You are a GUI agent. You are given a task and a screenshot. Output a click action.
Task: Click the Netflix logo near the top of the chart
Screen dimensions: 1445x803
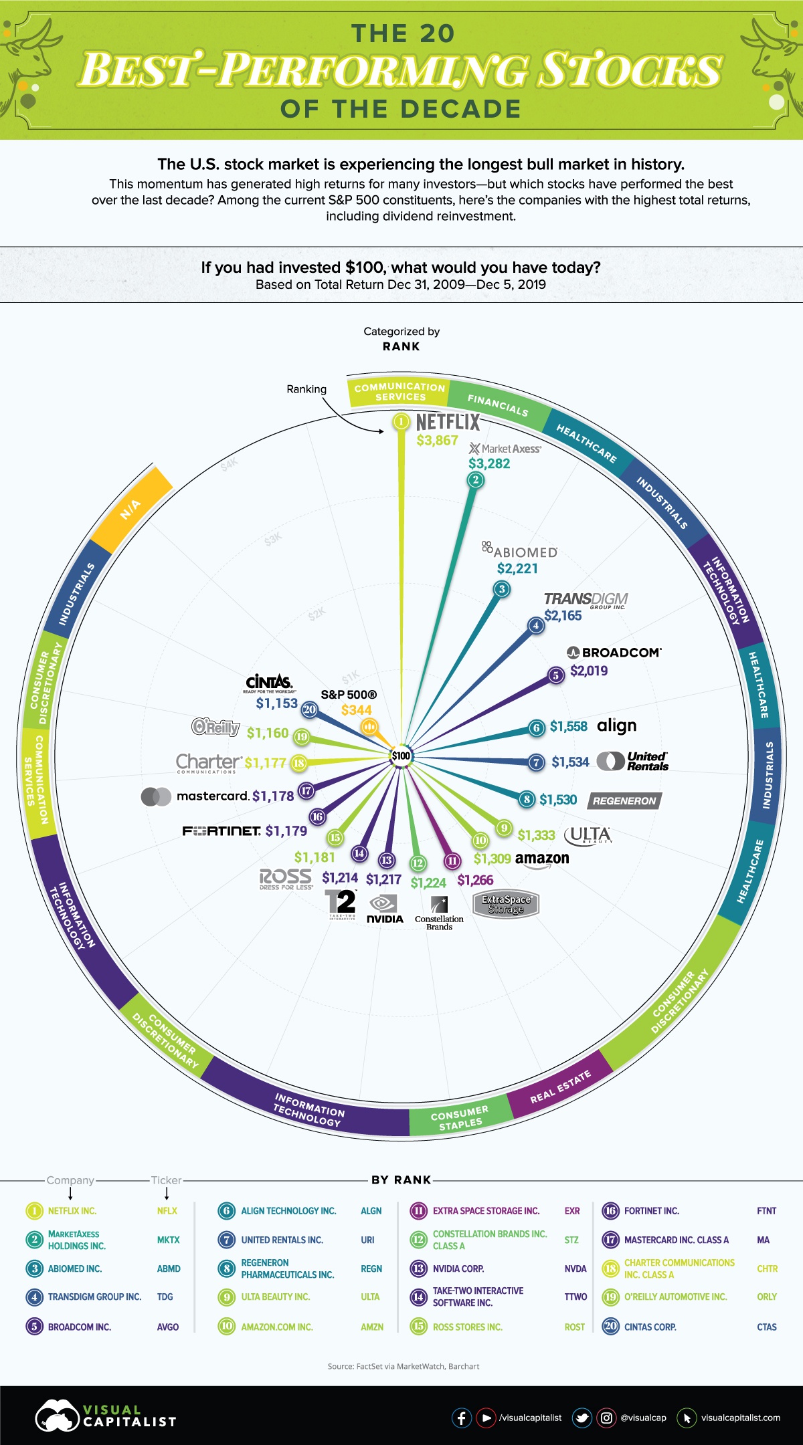click(448, 422)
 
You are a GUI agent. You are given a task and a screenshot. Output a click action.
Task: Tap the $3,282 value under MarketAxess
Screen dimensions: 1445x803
click(489, 463)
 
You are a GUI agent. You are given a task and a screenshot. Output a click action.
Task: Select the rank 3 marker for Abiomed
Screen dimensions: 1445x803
click(501, 589)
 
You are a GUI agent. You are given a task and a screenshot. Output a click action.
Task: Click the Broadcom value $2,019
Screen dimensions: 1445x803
click(589, 671)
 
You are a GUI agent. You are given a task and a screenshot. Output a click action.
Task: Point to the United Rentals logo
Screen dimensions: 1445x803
click(632, 761)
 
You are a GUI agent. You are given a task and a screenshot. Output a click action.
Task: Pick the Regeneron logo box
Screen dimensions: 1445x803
click(624, 800)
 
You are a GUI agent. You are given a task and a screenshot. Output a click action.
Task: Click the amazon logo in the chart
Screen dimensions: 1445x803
click(542, 859)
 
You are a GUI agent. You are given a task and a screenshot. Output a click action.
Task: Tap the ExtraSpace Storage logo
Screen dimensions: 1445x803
click(506, 904)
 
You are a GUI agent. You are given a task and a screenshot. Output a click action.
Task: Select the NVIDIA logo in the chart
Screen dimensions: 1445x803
click(385, 910)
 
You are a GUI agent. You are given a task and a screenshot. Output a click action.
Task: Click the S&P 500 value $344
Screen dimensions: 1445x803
click(356, 710)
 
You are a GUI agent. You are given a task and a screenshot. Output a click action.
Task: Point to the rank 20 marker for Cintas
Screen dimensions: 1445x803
click(309, 709)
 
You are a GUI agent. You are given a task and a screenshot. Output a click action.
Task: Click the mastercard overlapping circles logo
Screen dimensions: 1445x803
click(156, 796)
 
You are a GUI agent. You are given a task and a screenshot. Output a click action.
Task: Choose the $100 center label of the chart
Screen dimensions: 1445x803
click(401, 756)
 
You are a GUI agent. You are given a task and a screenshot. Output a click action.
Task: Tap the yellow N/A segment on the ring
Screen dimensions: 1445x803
click(131, 509)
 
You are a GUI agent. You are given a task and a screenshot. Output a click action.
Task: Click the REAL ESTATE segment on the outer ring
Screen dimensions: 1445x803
click(561, 1086)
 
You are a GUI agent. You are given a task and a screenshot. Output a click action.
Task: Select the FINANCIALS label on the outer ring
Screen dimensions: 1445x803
click(498, 405)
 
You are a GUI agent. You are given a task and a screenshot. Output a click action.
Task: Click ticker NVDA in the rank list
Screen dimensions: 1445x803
click(575, 1268)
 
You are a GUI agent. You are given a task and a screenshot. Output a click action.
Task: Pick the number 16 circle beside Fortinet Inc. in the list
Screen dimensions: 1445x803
click(610, 1211)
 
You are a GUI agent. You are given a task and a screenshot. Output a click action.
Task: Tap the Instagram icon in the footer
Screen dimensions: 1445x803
click(606, 1418)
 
